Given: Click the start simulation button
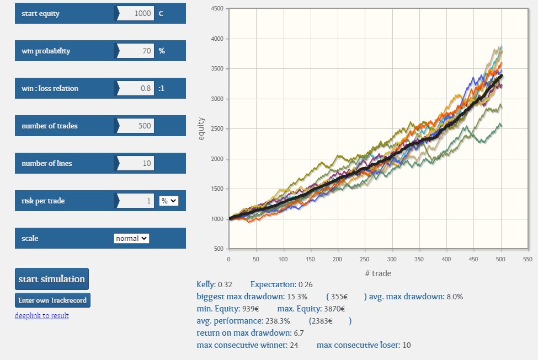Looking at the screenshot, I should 52,279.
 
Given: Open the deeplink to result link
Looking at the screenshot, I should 41,315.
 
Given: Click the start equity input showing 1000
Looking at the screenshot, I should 136,13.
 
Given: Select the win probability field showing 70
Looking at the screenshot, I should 136,51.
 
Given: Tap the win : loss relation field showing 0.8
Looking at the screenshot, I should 136,88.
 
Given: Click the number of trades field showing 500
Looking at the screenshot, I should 136,126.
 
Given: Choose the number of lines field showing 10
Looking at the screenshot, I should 136,163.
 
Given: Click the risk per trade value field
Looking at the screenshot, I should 136,201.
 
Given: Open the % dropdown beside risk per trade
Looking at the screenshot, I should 169,201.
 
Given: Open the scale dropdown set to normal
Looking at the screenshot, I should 131,238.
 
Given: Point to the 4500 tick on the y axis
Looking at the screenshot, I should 217,9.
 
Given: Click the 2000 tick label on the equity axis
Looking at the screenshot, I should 217,159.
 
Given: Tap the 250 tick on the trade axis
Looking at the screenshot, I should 365,258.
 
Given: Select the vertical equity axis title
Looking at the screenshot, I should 201,128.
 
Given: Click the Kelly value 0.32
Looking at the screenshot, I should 225,284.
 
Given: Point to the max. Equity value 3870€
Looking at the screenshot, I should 335,309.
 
